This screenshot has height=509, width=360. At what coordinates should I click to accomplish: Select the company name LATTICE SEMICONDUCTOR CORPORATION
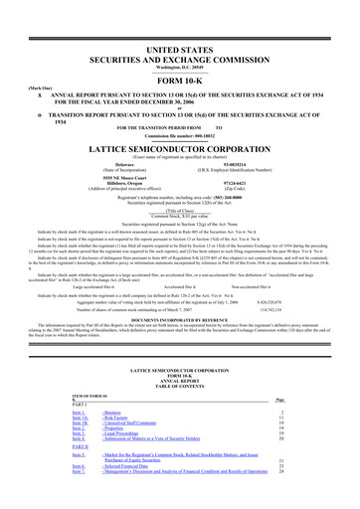click(x=179, y=144)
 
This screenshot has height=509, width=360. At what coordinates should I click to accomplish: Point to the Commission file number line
click(x=179, y=132)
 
